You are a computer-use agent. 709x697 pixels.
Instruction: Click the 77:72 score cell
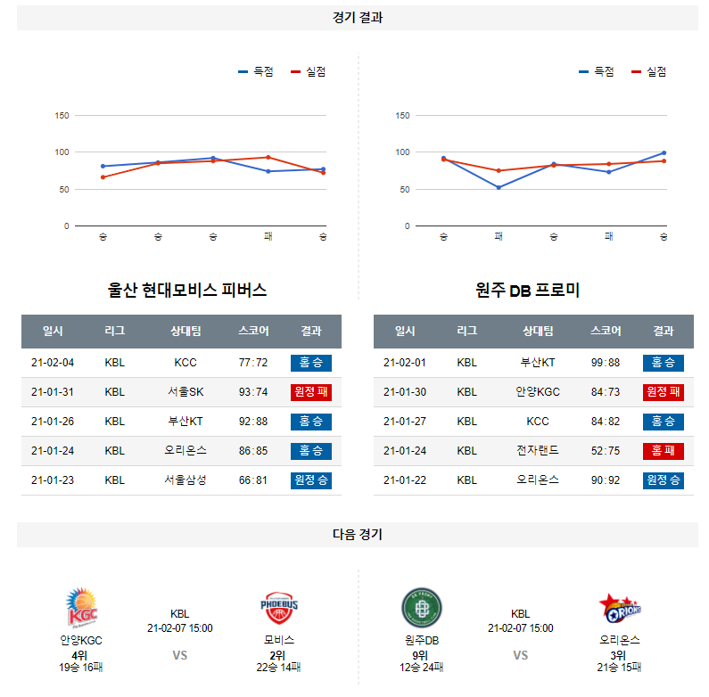253,363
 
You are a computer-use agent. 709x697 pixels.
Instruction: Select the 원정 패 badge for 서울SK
310,392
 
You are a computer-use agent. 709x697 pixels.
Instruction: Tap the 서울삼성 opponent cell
185,480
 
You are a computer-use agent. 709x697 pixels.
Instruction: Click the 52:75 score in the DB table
606,451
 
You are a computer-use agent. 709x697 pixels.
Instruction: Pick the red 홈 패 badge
663,451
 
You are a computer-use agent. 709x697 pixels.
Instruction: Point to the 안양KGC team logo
81,608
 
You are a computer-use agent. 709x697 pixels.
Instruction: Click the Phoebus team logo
279,608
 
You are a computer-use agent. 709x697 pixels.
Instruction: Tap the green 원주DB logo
422,609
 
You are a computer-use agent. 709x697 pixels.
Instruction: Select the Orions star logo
620,609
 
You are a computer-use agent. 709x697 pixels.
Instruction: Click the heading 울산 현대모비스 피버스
186,291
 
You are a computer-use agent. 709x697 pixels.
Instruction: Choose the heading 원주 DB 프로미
528,291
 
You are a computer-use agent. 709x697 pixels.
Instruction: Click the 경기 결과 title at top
357,17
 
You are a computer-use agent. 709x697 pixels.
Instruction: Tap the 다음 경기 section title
357,535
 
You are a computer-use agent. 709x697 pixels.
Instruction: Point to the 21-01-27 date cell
405,422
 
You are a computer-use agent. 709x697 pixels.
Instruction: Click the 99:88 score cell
606,363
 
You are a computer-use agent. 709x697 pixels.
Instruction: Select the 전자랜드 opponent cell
538,451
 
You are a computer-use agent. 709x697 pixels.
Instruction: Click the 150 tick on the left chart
62,115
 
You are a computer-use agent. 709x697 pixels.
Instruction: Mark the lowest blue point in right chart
499,187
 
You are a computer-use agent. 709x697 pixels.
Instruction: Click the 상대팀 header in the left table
185,331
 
